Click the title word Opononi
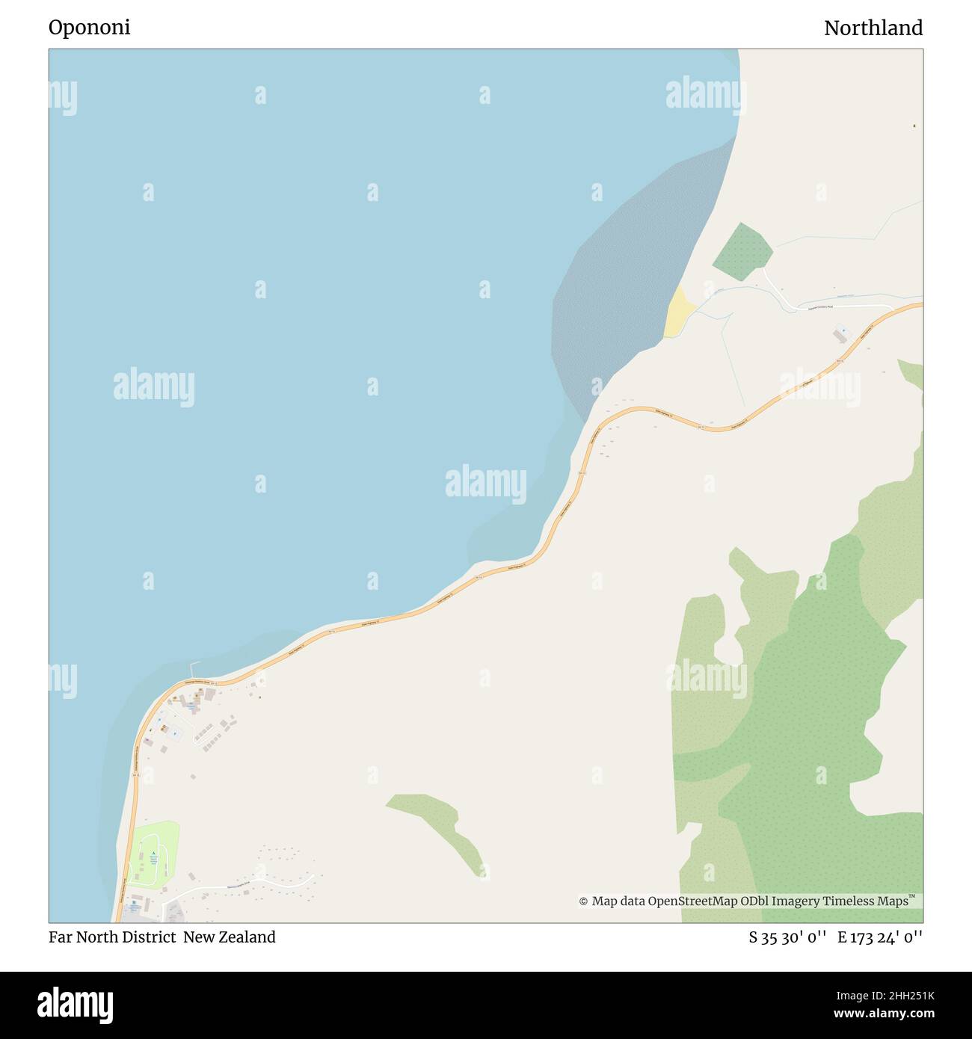tap(89, 28)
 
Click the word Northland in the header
tap(873, 28)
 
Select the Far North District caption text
tap(112, 937)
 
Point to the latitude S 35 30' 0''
tap(787, 937)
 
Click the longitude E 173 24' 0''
tap(880, 937)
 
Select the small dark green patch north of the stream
tap(742, 252)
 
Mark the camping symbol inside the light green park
tap(154, 853)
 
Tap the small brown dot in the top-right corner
tap(914, 126)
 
